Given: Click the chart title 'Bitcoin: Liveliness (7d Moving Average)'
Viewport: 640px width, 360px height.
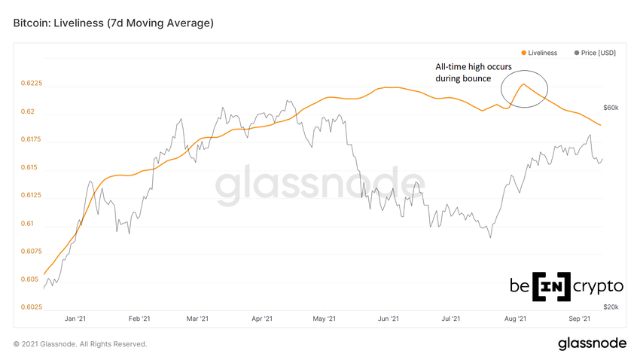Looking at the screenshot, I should [114, 23].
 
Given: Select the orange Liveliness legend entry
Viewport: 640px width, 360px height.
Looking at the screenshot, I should [538, 53].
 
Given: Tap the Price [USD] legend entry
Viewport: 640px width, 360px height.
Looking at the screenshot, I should [596, 53].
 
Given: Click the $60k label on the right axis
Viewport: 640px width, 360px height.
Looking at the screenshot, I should [611, 108].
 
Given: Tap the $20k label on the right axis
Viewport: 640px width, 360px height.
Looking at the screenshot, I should [611, 307].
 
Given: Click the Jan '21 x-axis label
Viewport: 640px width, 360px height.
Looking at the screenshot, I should [75, 319].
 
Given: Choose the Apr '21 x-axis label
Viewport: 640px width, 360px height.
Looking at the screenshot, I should [261, 319].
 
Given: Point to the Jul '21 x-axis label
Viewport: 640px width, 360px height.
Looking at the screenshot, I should [451, 319].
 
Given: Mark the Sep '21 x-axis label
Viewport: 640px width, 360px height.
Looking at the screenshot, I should [578, 319].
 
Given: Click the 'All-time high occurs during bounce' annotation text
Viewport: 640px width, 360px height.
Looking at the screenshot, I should [464, 72].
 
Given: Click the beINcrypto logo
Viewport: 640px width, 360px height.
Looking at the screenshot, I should [567, 287].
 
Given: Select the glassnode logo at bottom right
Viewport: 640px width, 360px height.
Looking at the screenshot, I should [592, 343].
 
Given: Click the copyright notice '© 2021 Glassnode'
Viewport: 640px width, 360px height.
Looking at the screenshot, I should [80, 344].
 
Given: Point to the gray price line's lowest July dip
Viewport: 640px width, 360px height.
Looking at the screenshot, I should [490, 238].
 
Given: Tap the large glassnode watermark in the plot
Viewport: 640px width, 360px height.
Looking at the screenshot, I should [320, 188].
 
